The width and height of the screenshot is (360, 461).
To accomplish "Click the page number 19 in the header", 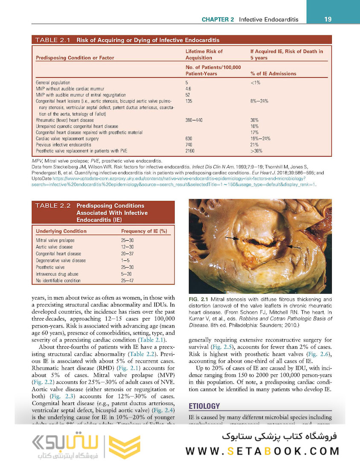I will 328,19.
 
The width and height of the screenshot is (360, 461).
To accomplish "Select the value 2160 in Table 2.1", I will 190,151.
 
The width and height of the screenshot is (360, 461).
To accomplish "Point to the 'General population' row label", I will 53,82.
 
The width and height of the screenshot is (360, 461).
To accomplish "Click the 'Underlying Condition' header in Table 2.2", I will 61,231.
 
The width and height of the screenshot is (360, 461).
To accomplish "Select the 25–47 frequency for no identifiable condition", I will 128,281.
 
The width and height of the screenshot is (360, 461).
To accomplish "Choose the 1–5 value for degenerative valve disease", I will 125,260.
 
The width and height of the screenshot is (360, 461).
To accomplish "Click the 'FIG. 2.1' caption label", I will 198,300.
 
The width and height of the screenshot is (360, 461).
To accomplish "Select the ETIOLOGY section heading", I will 204,406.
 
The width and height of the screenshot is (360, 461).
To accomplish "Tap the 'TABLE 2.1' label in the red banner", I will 53,41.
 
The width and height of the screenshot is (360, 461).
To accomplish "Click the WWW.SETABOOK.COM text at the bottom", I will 262,451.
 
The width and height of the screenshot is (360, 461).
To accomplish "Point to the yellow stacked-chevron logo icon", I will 124,446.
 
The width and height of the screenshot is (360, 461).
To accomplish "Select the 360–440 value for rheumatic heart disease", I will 194,120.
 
